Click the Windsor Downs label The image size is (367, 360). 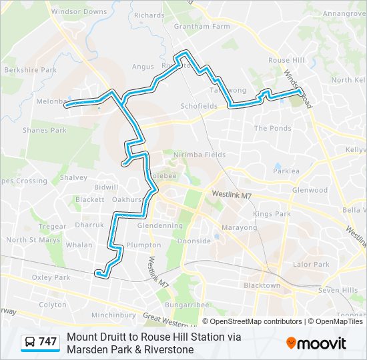pos(79,11)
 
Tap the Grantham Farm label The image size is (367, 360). pos(202,27)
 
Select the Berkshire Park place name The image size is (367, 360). pos(29,69)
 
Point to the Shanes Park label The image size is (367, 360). pos(44,130)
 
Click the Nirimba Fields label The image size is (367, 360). pos(199,155)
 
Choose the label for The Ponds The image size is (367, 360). pos(272,128)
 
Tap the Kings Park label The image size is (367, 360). pos(272,214)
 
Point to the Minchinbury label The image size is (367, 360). pos(113,315)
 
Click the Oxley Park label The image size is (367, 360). pos(51,277)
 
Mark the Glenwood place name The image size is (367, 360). pos(310,190)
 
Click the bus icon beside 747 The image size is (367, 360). pos(30,342)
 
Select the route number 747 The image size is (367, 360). pos(48,342)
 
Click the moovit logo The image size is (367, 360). pos(316,343)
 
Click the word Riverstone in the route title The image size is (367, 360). pos(171,349)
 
